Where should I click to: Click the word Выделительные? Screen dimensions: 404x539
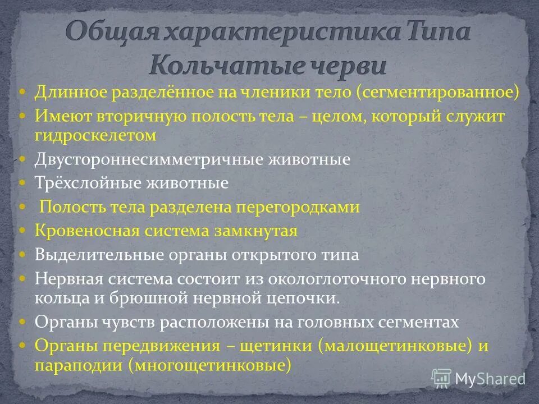click(99, 255)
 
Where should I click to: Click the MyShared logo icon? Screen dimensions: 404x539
click(441, 378)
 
